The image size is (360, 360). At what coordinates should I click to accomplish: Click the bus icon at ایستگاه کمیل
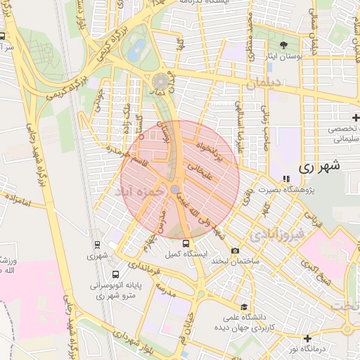pyautogui.click(x=186, y=243)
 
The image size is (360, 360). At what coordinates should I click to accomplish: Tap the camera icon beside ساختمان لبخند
pyautogui.click(x=235, y=251)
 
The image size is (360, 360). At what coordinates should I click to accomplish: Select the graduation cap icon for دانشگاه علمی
pyautogui.click(x=243, y=307)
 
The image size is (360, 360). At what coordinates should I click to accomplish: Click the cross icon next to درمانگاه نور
pyautogui.click(x=307, y=338)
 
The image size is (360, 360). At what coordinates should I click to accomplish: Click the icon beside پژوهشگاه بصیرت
pyautogui.click(x=285, y=179)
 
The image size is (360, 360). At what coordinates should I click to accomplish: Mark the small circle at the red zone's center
pyautogui.click(x=174, y=188)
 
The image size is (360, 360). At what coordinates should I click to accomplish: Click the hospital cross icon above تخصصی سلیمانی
pyautogui.click(x=356, y=117)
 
